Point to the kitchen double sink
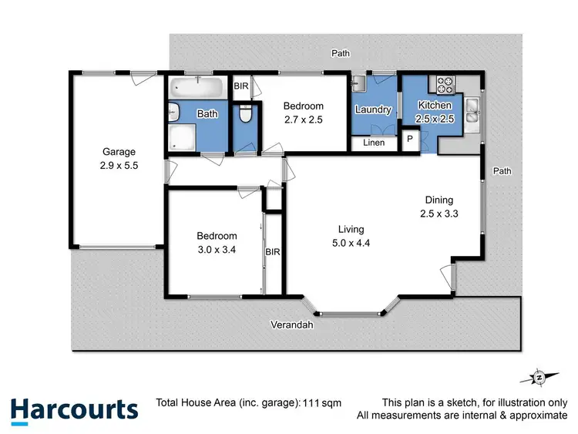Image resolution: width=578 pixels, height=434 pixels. click(472, 114)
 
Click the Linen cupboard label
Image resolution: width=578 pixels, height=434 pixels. click(374, 143)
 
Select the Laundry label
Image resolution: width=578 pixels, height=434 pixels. click(373, 109)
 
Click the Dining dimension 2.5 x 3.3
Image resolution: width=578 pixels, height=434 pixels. click(439, 214)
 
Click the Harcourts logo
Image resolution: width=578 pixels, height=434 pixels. click(74, 409)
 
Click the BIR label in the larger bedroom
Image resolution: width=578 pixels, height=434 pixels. click(273, 251)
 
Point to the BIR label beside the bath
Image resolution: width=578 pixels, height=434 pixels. click(241, 86)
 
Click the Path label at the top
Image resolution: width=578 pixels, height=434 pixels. click(340, 53)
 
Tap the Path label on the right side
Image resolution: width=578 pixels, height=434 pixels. click(502, 170)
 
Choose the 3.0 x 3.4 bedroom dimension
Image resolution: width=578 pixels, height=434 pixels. click(216, 250)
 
